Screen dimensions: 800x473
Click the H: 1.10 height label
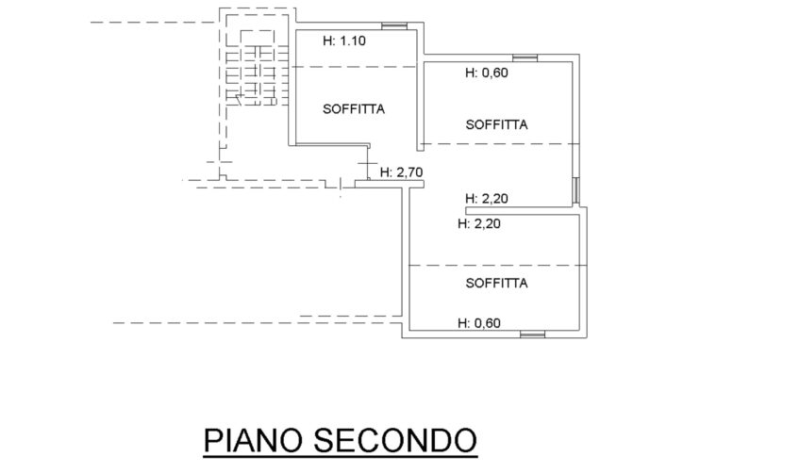tap(344, 41)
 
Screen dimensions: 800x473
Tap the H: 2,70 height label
tap(402, 172)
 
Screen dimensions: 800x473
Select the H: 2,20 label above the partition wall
tap(487, 198)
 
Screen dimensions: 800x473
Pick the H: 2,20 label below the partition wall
tap(479, 223)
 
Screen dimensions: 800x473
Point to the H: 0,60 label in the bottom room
tap(479, 322)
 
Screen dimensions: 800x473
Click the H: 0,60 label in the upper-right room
tap(487, 73)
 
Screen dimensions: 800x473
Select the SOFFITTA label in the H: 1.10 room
tap(354, 109)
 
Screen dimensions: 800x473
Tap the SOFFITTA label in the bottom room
tap(496, 283)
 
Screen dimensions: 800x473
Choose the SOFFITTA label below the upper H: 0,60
tap(496, 125)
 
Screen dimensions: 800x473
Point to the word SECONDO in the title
tap(395, 440)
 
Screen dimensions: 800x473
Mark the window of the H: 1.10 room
tap(394, 26)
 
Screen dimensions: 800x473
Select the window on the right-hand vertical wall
tap(576, 190)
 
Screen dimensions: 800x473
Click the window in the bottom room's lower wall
tap(533, 334)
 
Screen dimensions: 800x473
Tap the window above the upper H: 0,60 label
tap(525, 57)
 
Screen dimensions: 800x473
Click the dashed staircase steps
tap(258, 75)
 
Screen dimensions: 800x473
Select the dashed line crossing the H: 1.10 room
tap(354, 67)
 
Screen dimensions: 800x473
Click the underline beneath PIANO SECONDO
tap(341, 457)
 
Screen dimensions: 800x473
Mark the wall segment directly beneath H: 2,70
tap(390, 184)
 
